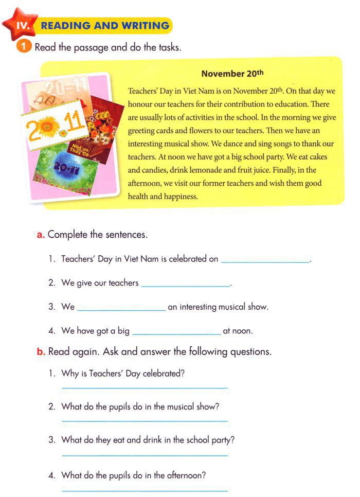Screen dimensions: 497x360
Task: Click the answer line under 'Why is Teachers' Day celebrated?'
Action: pyautogui.click(x=145, y=387)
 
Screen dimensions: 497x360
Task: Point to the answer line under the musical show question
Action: pyautogui.click(x=145, y=421)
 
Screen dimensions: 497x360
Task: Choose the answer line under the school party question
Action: pyautogui.click(x=145, y=455)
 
